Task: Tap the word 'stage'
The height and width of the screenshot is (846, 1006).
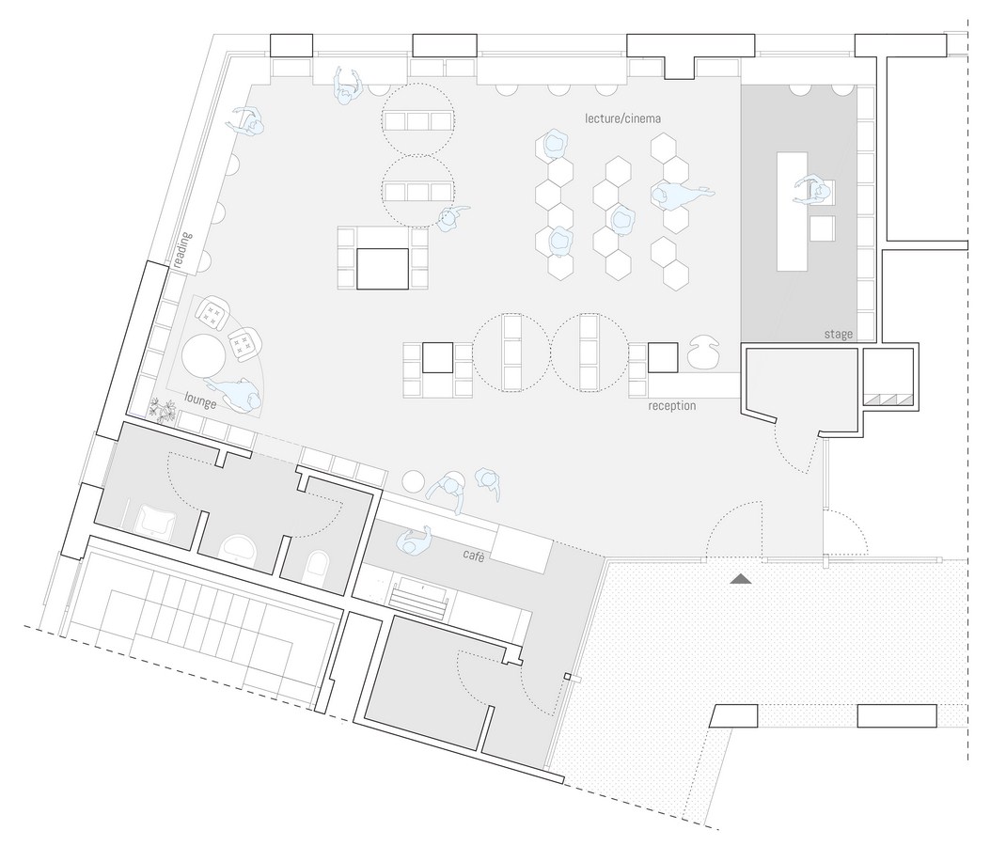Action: tap(839, 334)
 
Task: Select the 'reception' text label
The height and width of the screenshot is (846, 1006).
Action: tap(671, 405)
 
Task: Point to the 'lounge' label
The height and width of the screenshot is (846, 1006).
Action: tap(200, 400)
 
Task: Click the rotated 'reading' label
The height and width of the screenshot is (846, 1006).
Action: tap(183, 249)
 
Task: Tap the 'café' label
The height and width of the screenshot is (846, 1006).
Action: tap(474, 556)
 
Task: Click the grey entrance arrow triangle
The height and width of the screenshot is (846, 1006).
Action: tap(741, 578)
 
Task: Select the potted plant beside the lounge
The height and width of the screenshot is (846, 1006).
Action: tap(163, 410)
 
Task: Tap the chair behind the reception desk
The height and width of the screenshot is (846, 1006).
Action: tap(704, 352)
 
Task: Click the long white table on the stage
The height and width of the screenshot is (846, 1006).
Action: tap(792, 211)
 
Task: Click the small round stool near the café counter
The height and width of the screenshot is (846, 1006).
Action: tap(414, 481)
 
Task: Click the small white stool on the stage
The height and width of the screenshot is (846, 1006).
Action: tap(822, 227)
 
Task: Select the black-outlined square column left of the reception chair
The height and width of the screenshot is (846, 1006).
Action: tap(663, 357)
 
